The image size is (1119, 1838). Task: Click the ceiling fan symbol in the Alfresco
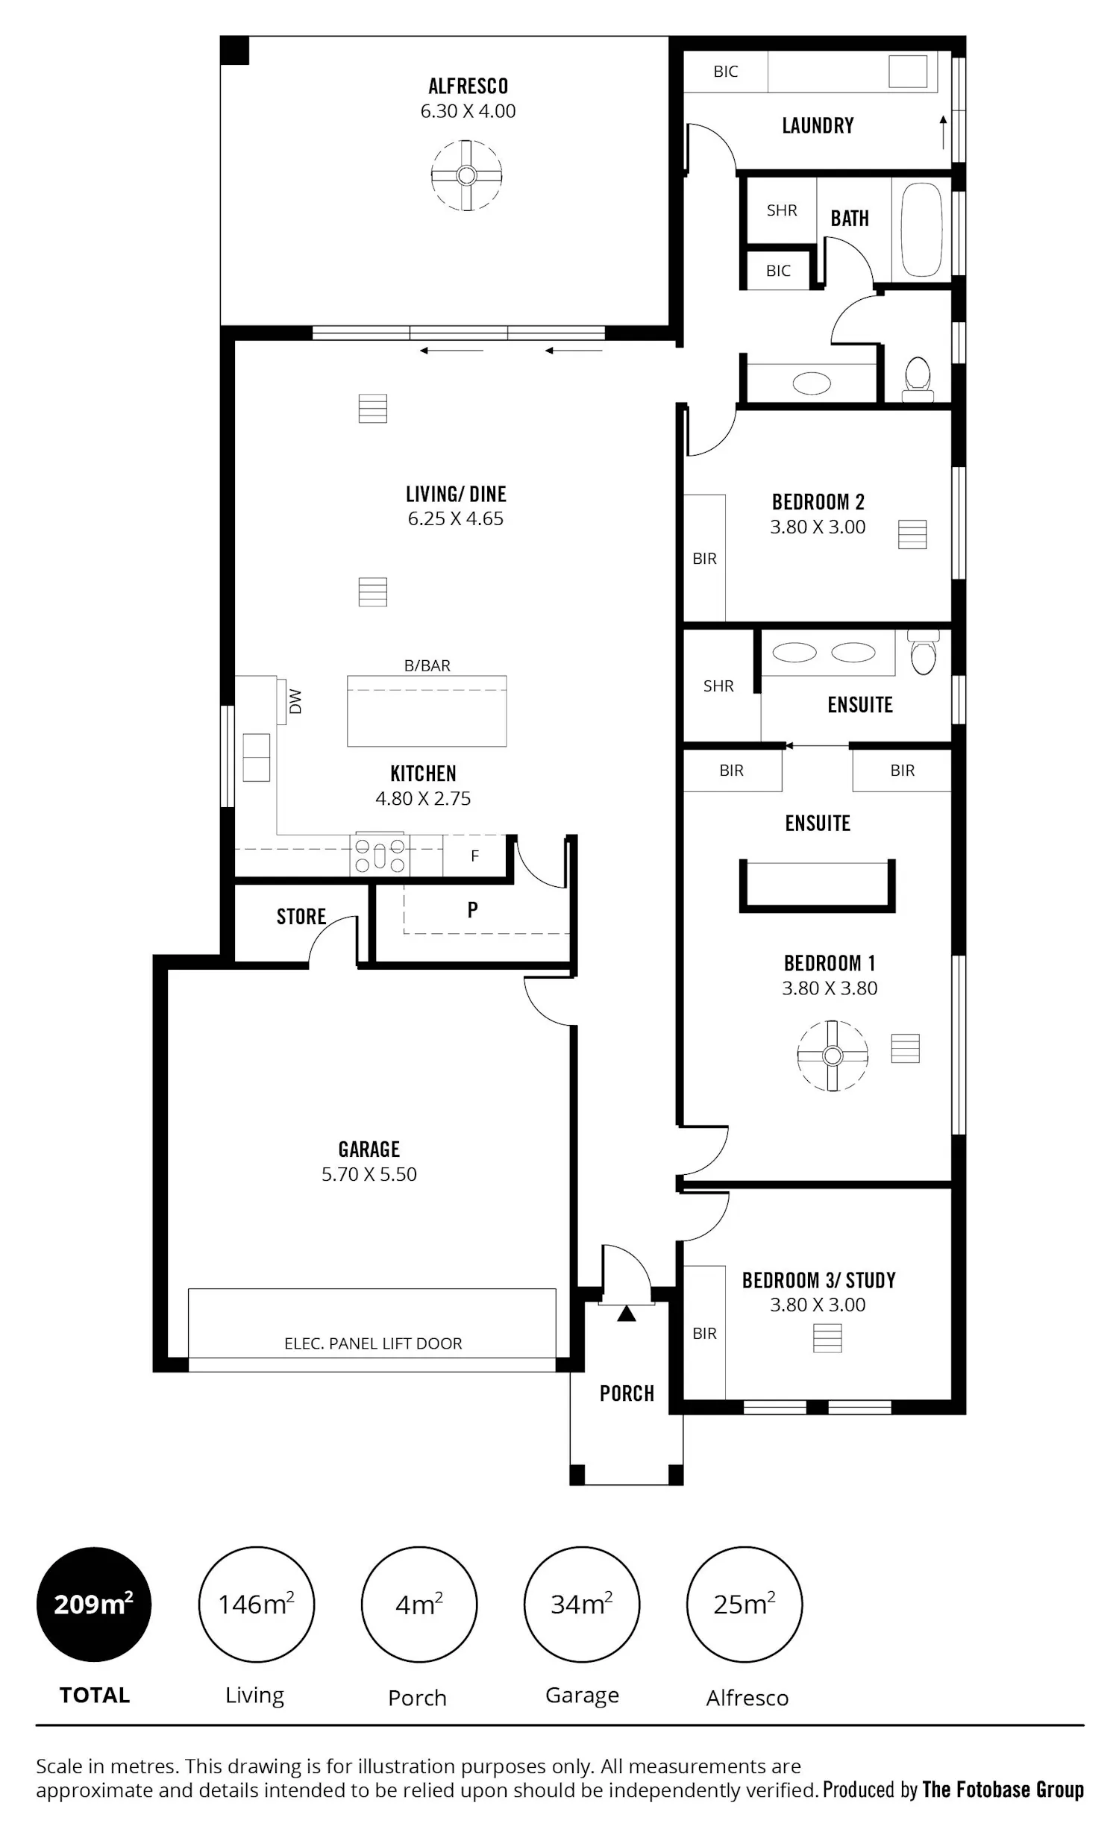pos(466,175)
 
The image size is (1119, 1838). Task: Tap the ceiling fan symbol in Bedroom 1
pos(833,1056)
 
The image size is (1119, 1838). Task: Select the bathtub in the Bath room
pos(921,230)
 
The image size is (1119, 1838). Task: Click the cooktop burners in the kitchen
pos(380,855)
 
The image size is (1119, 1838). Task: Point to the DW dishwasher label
pos(295,701)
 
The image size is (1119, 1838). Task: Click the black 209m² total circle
pos(94,1604)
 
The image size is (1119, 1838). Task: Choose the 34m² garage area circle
pos(582,1604)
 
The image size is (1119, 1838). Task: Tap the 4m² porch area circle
pos(419,1604)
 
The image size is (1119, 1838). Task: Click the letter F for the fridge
pos(474,856)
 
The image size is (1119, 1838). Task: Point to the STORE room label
pos(301,917)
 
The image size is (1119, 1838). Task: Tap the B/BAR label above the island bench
pos(427,665)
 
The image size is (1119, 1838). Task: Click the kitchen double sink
pos(256,757)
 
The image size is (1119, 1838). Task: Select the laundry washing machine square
pos(908,72)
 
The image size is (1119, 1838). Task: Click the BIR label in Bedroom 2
pos(704,559)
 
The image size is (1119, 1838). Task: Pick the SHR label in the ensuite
pos(718,686)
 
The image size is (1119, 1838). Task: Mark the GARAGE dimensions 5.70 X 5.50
pos(369,1174)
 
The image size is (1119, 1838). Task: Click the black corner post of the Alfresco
pos(234,50)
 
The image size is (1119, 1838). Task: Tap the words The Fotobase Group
pos(1003,1789)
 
